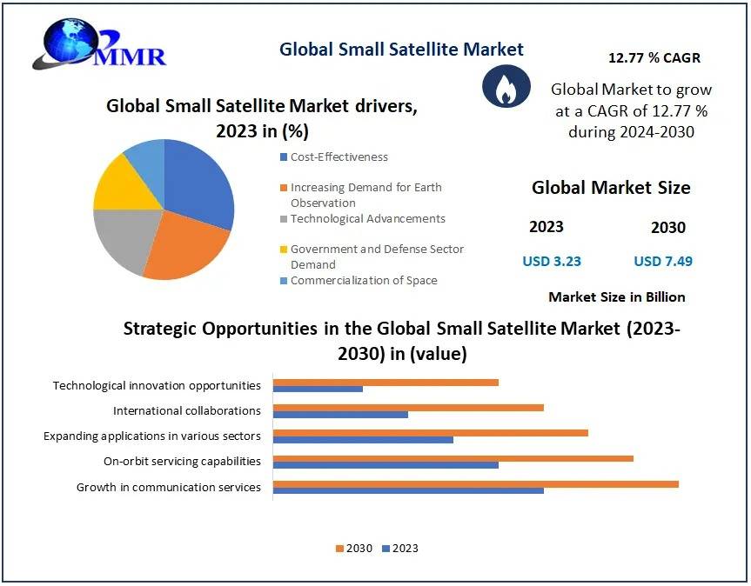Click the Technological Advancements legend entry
(367, 219)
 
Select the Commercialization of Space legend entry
(363, 281)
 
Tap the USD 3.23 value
(551, 261)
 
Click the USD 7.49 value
(663, 261)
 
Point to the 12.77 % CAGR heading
(654, 58)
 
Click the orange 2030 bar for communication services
(475, 484)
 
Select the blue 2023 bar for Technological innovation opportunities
(318, 389)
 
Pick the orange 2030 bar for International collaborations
(408, 407)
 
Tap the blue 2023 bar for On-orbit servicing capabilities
(386, 465)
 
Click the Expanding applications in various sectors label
(152, 436)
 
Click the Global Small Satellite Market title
(401, 49)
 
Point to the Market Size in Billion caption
(616, 297)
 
